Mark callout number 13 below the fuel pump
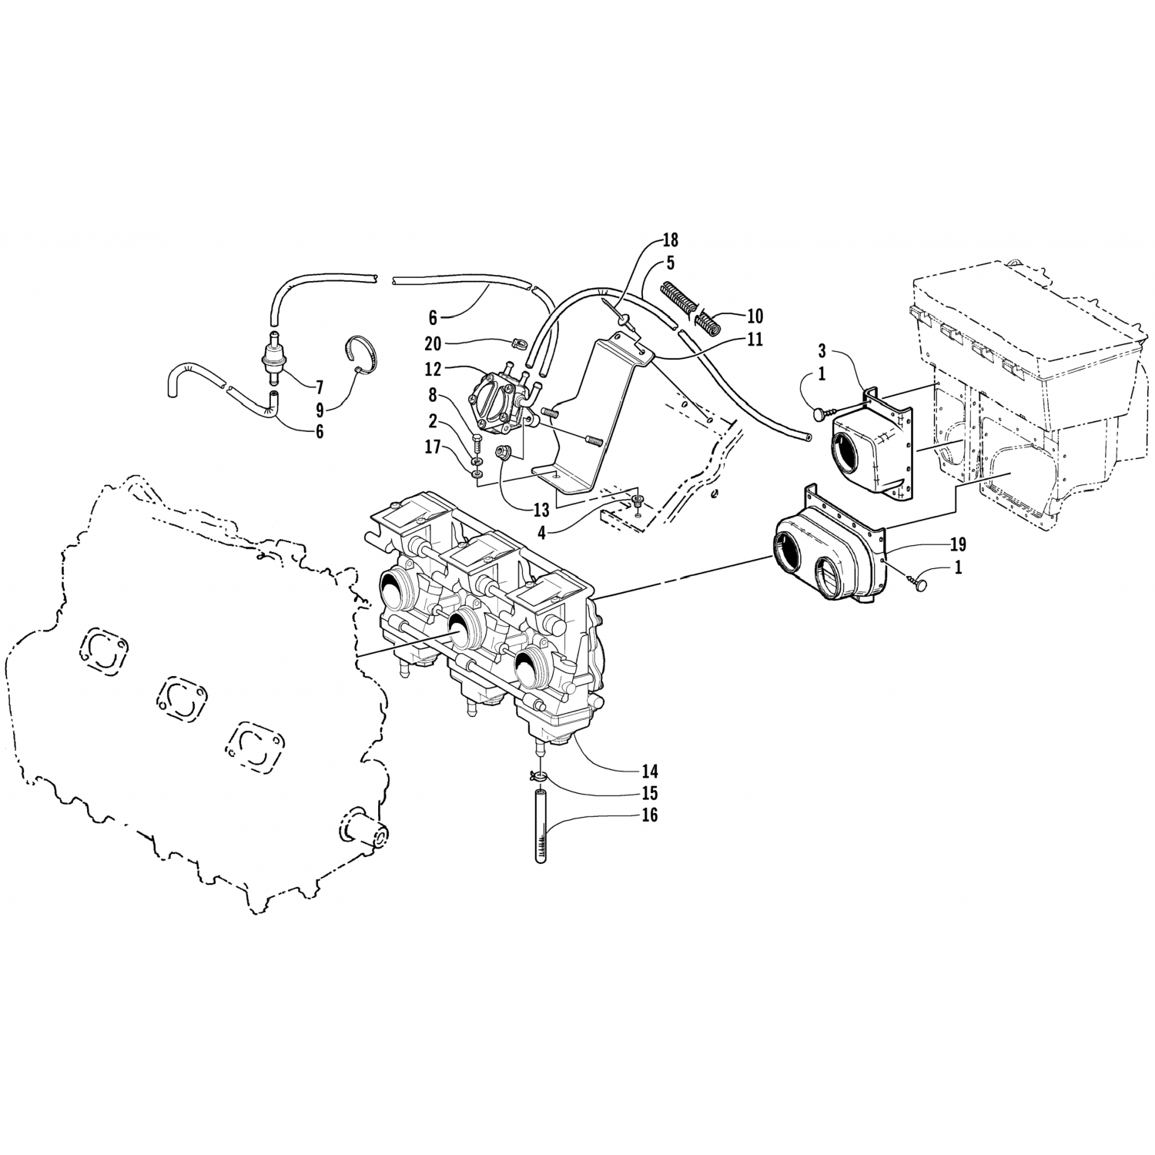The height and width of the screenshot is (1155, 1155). (x=541, y=509)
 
